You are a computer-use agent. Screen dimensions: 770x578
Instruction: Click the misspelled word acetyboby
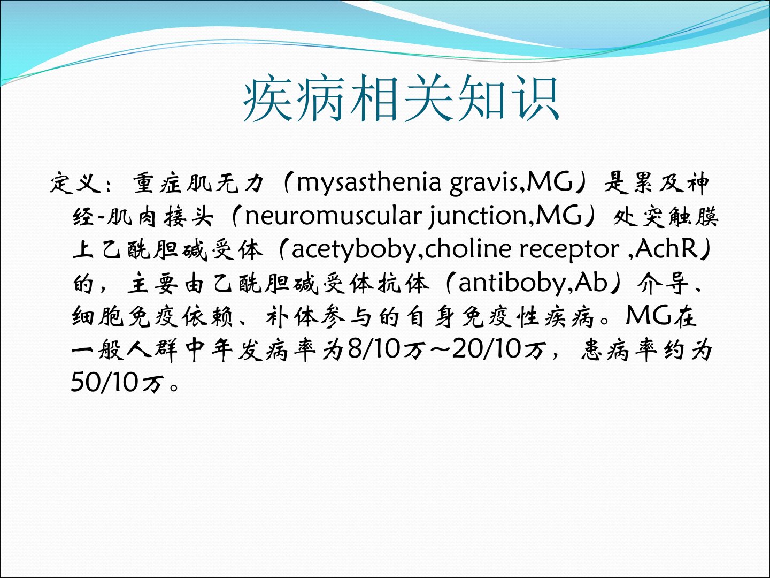pos(353,250)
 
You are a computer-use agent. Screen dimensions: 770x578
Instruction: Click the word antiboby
pos(511,283)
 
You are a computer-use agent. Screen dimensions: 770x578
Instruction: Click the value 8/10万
pos(387,349)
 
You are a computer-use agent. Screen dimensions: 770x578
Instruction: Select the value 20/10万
pos(499,349)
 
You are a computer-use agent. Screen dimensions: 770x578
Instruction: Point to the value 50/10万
pos(118,383)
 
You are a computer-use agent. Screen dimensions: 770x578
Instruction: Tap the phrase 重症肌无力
pos(198,182)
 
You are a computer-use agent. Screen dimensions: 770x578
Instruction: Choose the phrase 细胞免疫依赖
pos(152,316)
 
